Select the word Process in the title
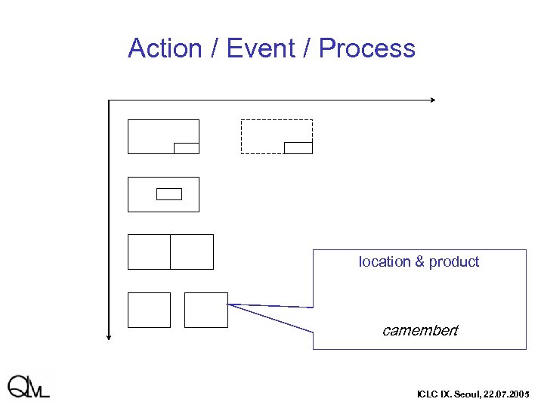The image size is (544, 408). [x=366, y=48]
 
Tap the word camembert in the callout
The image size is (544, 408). [x=419, y=331]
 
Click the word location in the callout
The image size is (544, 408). [x=385, y=262]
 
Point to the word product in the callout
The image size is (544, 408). [x=454, y=262]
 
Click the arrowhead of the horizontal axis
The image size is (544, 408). [x=432, y=100]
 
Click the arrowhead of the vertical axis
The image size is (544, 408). [x=110, y=337]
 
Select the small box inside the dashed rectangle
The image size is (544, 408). [x=298, y=147]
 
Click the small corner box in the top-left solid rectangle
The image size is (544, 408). [x=186, y=148]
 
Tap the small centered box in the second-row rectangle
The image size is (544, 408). [x=169, y=194]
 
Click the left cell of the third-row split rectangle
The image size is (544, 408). [x=149, y=252]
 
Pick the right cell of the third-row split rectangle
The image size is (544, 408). [x=192, y=252]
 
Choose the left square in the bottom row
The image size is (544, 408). [x=149, y=310]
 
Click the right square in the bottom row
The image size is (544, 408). [x=206, y=310]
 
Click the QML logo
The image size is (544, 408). [x=29, y=386]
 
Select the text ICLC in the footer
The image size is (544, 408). [x=426, y=395]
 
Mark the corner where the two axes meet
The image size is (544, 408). [x=110, y=100]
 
